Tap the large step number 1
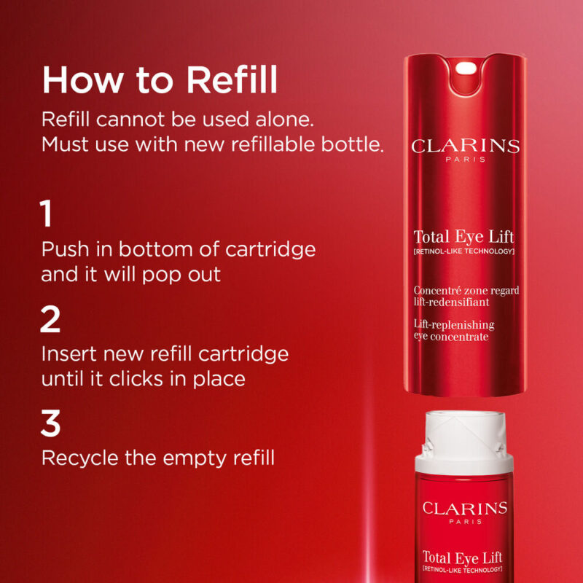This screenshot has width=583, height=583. (47, 215)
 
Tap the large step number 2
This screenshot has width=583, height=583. (50, 319)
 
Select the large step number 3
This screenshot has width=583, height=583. (50, 423)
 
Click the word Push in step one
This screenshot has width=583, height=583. (66, 249)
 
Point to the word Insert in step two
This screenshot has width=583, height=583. (70, 354)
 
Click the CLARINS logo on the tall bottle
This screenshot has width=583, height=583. (465, 146)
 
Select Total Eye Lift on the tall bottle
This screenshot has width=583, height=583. (463, 237)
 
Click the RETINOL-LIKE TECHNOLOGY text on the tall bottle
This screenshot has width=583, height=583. (464, 252)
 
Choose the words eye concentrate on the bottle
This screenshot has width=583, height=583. (450, 336)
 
